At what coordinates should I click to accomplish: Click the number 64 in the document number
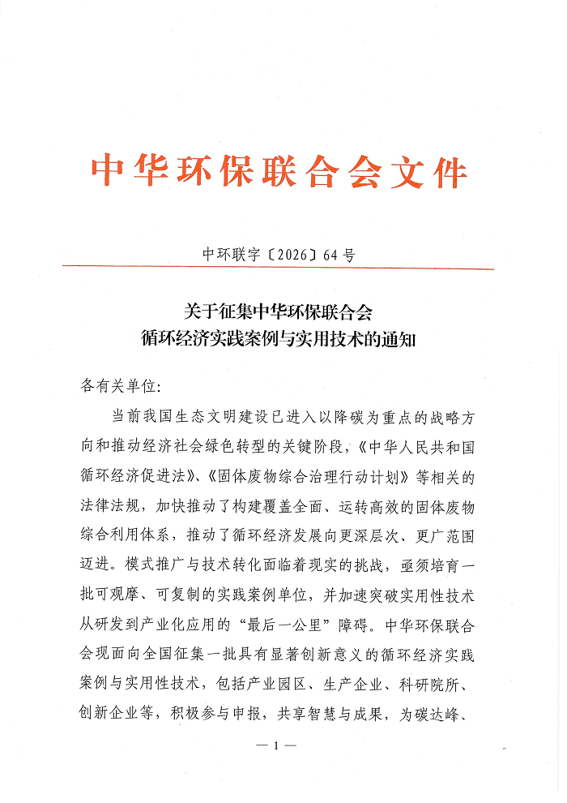(330, 255)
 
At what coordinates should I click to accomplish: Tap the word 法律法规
(112, 505)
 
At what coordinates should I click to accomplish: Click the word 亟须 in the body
(433, 563)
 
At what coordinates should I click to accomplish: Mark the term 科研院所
(447, 680)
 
